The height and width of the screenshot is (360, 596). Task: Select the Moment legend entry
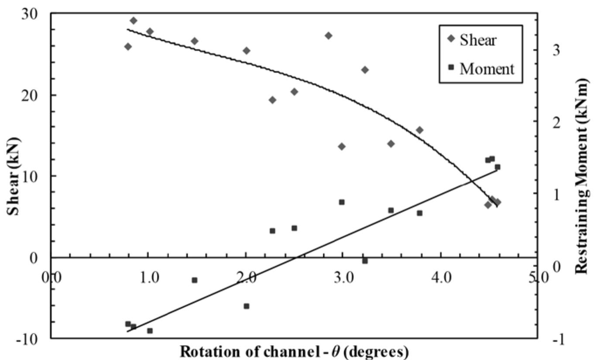(487, 68)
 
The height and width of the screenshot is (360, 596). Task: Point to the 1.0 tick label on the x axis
(149, 278)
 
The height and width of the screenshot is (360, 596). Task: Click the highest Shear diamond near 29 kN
(134, 21)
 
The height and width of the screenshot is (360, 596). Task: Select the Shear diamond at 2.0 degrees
(246, 51)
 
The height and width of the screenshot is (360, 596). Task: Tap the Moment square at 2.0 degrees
(246, 306)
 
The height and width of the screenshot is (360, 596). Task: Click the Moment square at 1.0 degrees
(150, 331)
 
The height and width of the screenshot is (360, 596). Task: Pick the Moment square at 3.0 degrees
(342, 202)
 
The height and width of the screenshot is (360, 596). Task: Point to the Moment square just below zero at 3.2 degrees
(365, 261)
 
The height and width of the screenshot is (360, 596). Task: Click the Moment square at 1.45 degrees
(195, 280)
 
